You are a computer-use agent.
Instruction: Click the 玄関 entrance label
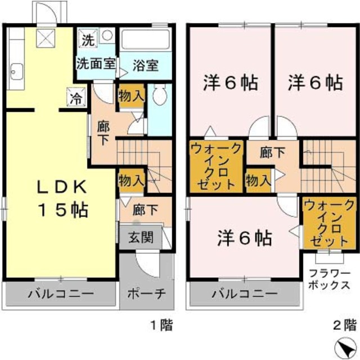139,237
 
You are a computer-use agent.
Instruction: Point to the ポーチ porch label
145,294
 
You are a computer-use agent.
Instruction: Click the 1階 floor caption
161,325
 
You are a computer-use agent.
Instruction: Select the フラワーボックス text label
329,280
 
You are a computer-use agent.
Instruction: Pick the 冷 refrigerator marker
75,97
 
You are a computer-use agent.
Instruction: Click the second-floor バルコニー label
244,294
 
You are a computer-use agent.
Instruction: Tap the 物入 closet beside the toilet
131,96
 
